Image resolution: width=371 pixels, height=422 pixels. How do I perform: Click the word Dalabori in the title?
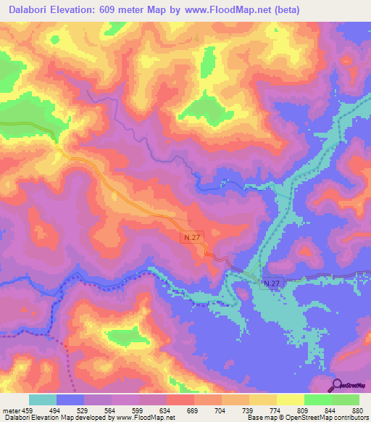(32, 10)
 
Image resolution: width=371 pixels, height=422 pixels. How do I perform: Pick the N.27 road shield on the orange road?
(190, 237)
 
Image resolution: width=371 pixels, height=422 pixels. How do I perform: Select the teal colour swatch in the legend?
(43, 400)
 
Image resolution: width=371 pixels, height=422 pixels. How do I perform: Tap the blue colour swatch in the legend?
(70, 400)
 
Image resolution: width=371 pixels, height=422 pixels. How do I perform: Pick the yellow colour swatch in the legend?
(290, 400)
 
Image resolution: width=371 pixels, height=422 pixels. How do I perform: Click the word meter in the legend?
(11, 410)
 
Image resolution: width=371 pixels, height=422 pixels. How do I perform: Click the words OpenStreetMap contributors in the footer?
(333, 418)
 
